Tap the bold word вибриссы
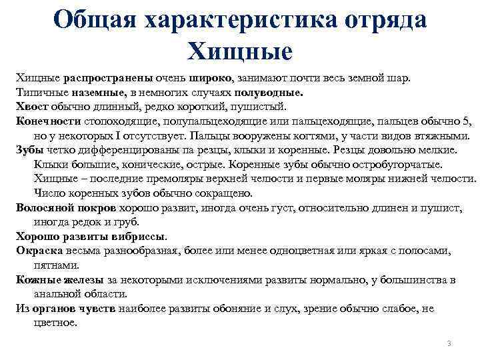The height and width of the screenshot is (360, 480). (x=139, y=236)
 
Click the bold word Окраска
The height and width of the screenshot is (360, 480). (x=39, y=251)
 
